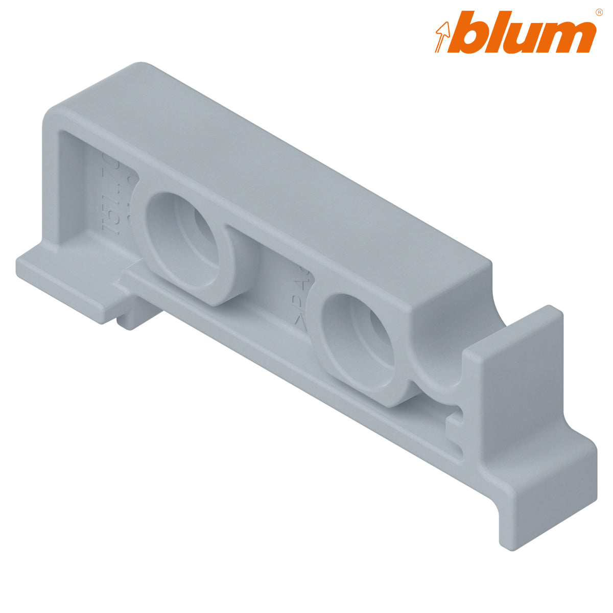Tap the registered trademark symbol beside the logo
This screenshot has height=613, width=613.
click(599, 12)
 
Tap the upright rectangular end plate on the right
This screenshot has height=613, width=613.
click(516, 378)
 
